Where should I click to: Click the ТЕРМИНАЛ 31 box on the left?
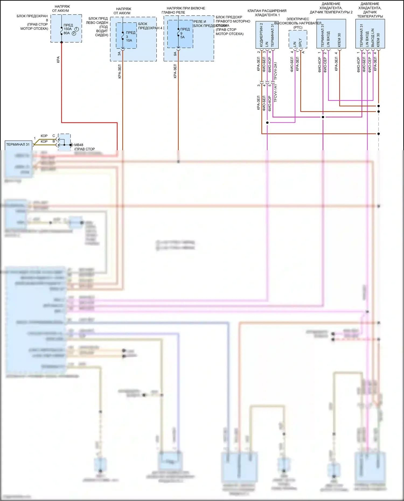click(18, 145)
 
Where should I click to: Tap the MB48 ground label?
click(79, 145)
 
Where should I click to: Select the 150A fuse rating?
click(68, 29)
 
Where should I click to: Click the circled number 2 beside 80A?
click(74, 33)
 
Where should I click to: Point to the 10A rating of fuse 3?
click(129, 40)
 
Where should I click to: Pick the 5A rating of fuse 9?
click(183, 37)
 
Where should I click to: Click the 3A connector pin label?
click(119, 54)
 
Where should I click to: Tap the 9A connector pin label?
click(175, 54)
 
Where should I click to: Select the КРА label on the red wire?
click(58, 59)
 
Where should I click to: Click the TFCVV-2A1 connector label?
click(275, 71)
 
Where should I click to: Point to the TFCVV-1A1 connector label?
click(275, 93)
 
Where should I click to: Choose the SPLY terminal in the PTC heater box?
click(300, 43)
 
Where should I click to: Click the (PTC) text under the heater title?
click(298, 27)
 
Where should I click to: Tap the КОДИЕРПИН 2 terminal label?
click(261, 35)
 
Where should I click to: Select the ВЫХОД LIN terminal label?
click(373, 38)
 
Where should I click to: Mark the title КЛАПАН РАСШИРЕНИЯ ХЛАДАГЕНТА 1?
click(267, 13)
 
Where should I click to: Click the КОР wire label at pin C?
click(44, 136)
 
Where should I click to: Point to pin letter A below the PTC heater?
click(304, 52)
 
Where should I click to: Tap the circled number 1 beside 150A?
click(76, 29)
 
